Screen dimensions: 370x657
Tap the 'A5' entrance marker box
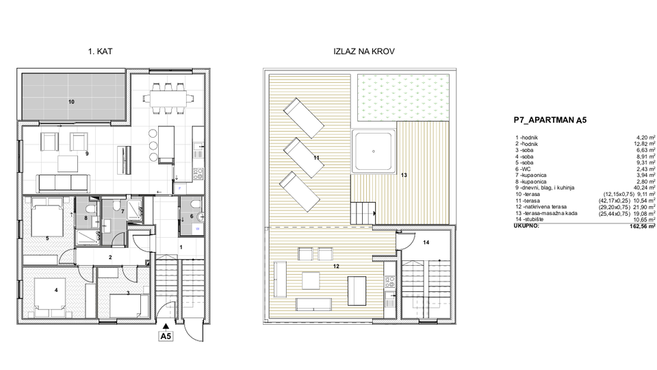point(166,336)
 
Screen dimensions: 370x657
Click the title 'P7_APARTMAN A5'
point(550,119)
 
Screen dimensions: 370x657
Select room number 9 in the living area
point(87,153)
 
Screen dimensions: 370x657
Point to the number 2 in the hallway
point(109,258)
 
